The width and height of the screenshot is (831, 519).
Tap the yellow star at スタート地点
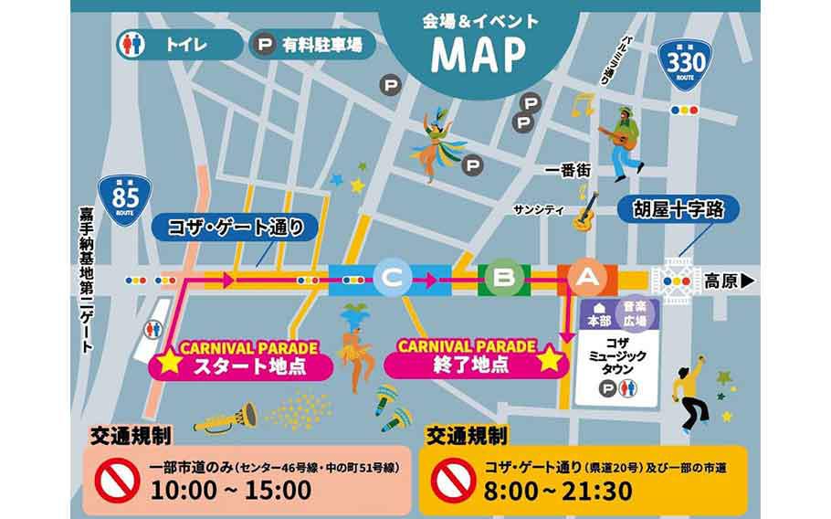click(169, 362)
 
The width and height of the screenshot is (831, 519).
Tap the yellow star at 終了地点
click(549, 359)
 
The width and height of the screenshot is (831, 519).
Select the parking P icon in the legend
click(265, 44)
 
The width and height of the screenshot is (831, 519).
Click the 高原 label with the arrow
click(729, 281)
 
